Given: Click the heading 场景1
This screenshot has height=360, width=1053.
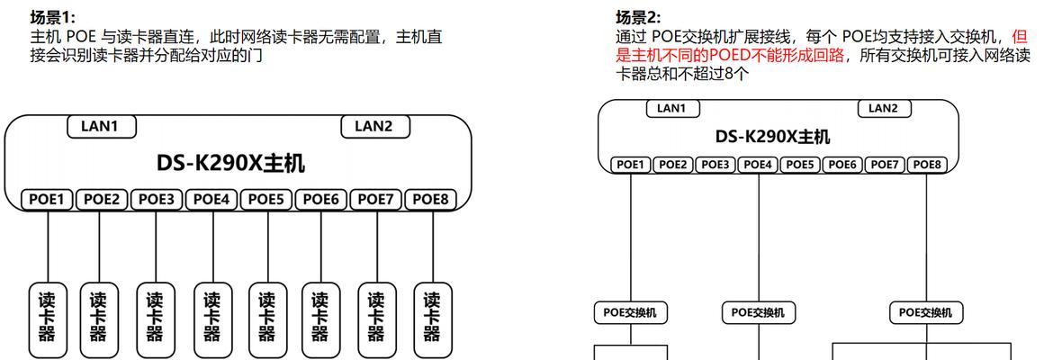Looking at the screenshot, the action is coord(54,18).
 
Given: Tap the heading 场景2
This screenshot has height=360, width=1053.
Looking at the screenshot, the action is coord(639,17).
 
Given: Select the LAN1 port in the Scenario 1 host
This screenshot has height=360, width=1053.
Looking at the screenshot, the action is coord(102,126).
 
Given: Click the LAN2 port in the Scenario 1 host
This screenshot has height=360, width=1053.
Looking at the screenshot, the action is coord(375,126).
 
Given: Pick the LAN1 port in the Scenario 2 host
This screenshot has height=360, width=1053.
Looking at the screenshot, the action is coord(672,108).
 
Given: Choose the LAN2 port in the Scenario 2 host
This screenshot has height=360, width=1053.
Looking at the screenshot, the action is coord(885,108).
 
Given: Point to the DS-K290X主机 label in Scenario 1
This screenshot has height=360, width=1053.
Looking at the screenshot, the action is coord(231,163).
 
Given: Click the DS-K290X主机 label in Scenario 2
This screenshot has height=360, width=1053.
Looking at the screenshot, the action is coord(772,137).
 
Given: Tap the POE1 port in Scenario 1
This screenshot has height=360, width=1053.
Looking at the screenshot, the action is coord(47,200).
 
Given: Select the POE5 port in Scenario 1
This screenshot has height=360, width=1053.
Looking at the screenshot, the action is coord(265,200).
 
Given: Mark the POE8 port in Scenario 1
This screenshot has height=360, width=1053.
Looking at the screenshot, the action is coord(430,200).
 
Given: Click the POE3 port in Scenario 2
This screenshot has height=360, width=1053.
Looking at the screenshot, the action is coord(715,165).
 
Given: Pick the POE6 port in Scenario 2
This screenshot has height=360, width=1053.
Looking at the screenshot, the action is coord(842,165).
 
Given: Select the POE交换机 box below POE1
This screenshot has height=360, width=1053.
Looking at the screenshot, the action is coord(630,311).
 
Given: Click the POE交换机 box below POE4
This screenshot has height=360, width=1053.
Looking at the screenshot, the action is coord(758,311).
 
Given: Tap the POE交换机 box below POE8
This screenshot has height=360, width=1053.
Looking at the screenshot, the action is coord(926,311).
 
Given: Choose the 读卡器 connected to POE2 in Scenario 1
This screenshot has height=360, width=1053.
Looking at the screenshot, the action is coord(99,319).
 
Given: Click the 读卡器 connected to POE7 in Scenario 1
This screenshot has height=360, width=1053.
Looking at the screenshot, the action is coord(377,319).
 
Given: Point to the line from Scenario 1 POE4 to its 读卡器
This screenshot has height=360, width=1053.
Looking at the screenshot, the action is coord(212,245).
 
